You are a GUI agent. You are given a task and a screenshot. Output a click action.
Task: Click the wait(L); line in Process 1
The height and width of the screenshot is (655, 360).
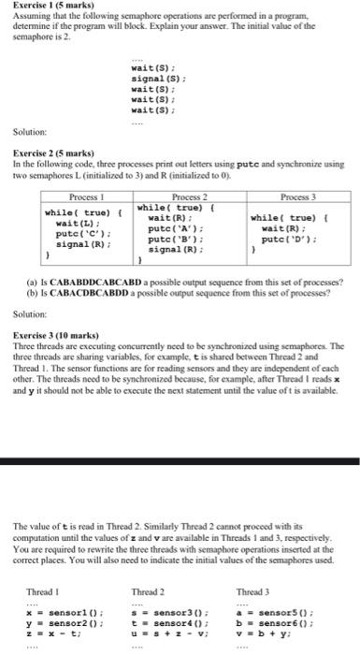(x=75, y=224)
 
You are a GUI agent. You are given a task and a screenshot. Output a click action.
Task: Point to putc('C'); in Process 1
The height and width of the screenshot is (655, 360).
(x=79, y=234)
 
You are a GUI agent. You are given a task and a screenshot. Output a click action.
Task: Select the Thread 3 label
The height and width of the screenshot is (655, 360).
(x=252, y=567)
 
